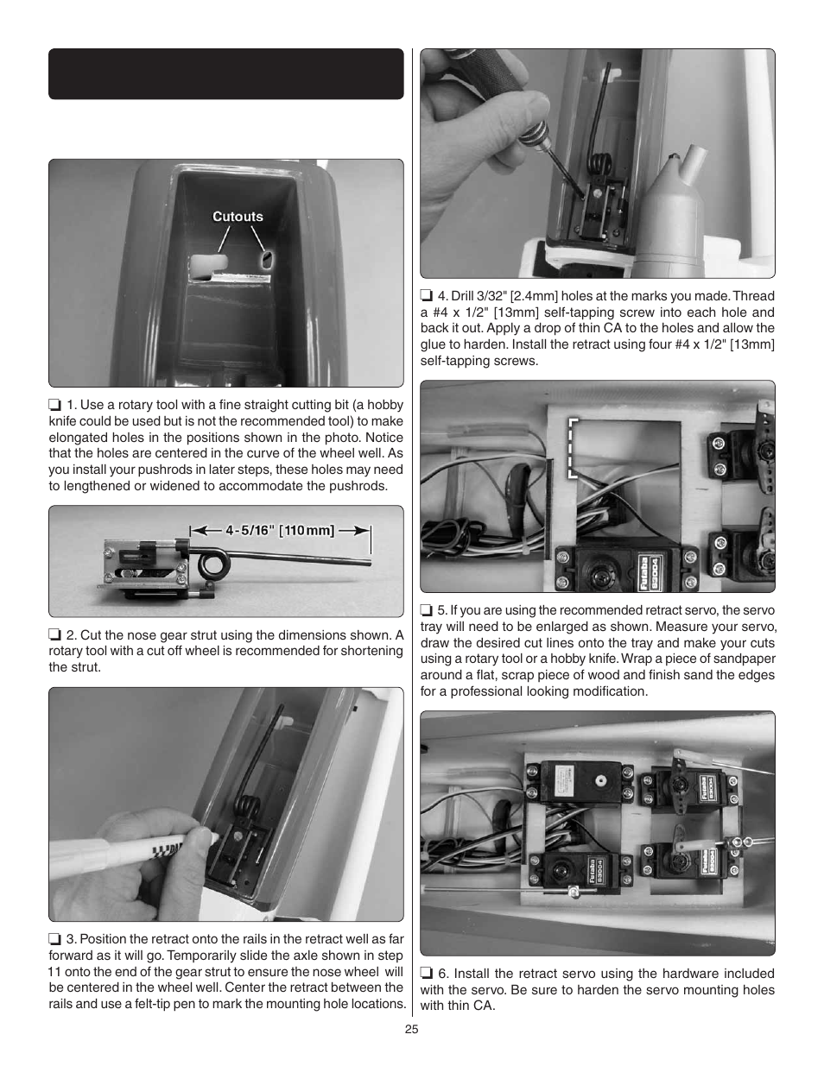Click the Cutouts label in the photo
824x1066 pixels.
(238, 217)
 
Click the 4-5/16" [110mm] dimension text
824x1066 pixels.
(280, 530)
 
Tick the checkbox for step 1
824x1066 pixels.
(54, 405)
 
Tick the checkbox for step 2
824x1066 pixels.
(54, 635)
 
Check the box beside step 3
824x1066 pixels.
(54, 939)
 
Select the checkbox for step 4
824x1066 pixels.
(427, 296)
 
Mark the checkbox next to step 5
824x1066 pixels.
(427, 610)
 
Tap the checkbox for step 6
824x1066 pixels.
(427, 974)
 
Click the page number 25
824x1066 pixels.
(411, 1029)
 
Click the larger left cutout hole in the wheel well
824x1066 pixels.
(206, 265)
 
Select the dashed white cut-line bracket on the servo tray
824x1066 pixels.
(573, 447)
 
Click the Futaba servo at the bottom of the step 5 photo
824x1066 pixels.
(624, 566)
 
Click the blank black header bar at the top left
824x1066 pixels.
(225, 74)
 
